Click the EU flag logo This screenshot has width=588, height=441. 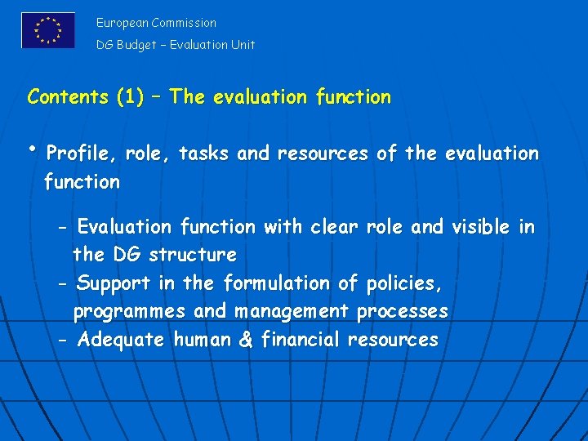(48, 30)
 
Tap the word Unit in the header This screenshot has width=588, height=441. (242, 45)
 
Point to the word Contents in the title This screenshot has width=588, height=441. (69, 97)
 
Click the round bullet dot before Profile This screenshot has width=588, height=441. (31, 147)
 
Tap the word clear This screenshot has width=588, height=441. (333, 227)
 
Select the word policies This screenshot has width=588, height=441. (403, 283)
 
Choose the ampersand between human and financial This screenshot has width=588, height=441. (245, 340)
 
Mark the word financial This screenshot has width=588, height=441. (299, 340)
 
